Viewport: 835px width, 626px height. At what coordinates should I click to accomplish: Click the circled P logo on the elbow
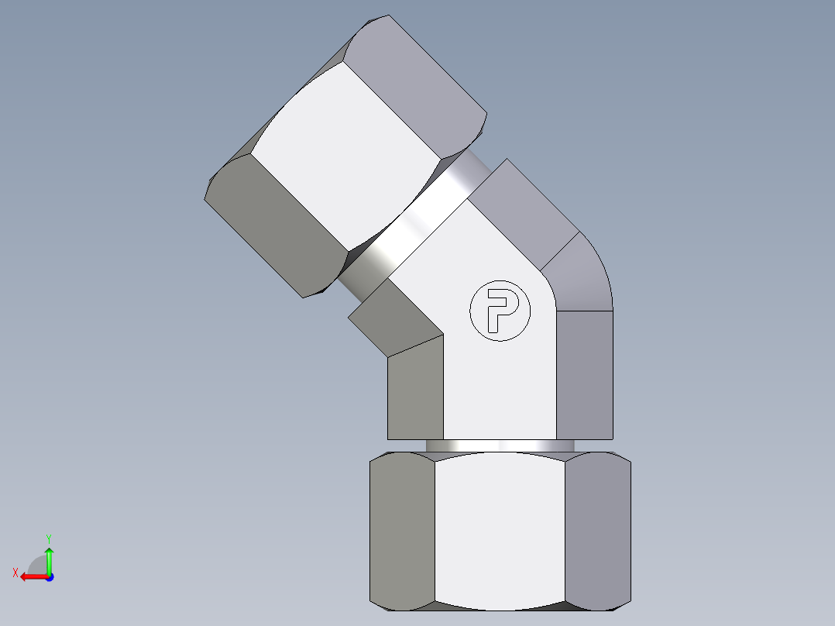[x=500, y=310]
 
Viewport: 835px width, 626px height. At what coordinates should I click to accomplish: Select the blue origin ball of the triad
[x=49, y=576]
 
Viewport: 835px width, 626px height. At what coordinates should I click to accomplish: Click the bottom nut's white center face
[x=500, y=531]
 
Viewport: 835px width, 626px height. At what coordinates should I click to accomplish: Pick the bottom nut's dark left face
[x=401, y=531]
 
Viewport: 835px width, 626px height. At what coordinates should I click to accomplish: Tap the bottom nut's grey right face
[x=597, y=531]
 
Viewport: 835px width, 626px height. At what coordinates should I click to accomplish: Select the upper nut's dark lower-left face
[x=275, y=225]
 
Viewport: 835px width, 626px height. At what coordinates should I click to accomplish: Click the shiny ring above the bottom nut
[x=500, y=445]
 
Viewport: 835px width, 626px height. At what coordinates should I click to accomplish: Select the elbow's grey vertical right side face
[x=585, y=372]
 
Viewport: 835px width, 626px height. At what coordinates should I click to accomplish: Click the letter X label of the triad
[x=15, y=573]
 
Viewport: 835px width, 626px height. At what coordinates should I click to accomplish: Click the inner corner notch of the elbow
[x=443, y=335]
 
